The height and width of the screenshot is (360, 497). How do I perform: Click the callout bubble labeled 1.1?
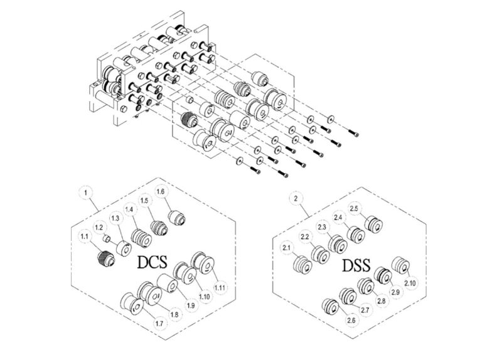(x=84, y=236)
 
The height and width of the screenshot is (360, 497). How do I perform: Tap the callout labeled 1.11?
(x=220, y=287)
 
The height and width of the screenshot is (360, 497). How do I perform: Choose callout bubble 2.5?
(x=354, y=208)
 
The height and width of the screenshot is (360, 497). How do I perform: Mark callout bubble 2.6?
(x=350, y=320)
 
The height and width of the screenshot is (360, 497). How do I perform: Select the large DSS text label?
(x=357, y=266)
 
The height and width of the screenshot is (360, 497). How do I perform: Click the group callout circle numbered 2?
(x=295, y=198)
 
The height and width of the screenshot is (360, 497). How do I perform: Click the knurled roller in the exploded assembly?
(x=186, y=119)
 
